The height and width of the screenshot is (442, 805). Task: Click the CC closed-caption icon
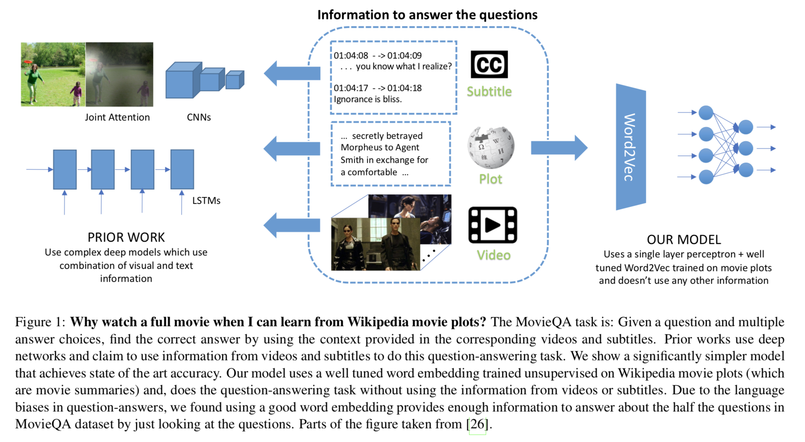489,64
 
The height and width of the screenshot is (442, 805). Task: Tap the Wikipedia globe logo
491,148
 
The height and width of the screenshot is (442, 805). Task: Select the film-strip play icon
492,225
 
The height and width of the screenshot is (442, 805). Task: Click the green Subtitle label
489,92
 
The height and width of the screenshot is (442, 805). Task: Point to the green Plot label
490,179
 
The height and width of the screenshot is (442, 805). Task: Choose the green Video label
493,255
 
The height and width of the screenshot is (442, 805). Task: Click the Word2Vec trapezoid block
631,147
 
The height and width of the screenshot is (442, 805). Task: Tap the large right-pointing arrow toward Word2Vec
559,148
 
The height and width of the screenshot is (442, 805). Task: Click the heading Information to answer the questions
427,15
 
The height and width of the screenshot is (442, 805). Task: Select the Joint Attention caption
117,117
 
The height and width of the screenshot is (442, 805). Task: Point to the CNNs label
199,117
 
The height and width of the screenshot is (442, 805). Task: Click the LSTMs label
206,201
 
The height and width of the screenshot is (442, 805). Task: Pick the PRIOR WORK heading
126,237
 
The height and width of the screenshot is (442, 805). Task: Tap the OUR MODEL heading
683,240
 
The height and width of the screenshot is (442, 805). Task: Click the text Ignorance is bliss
368,99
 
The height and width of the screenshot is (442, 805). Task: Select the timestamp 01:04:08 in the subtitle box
350,56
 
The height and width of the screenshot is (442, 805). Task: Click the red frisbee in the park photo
28,61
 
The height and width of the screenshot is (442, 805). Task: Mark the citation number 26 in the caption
477,424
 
